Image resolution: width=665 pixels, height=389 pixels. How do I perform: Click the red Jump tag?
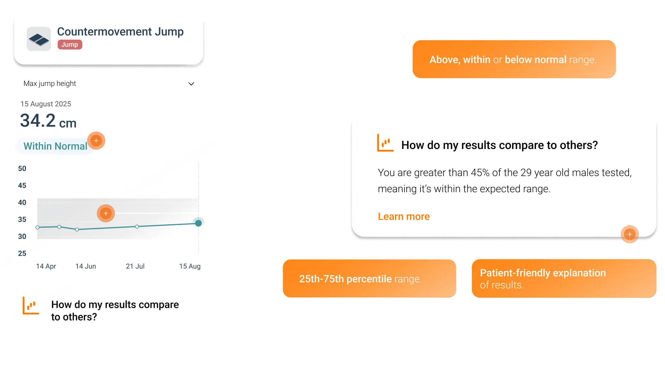click(x=70, y=44)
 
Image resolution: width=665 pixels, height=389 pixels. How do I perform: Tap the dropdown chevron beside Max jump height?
click(x=191, y=84)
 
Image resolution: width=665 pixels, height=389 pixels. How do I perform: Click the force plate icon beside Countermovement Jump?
click(x=39, y=39)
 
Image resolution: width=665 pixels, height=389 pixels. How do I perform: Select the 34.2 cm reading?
click(x=48, y=121)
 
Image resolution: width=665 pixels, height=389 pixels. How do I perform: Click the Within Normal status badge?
click(x=55, y=146)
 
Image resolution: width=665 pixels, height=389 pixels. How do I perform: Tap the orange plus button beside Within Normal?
click(x=96, y=141)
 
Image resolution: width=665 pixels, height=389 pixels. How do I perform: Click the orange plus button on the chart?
click(x=106, y=213)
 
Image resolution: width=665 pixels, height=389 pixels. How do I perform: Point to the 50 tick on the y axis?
click(x=22, y=169)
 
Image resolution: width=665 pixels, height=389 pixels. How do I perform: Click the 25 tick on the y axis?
click(x=22, y=253)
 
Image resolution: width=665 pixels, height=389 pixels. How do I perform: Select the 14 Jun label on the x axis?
click(x=86, y=266)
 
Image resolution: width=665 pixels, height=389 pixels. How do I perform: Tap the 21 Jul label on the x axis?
click(x=135, y=266)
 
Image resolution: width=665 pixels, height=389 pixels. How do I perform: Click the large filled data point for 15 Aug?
click(x=198, y=223)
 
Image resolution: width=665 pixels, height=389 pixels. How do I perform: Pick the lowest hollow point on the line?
click(x=77, y=229)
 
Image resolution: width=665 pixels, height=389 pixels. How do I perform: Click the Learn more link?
click(x=404, y=216)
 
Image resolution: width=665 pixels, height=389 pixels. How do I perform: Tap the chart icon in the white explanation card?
click(x=385, y=143)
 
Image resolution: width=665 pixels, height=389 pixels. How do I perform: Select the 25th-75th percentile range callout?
click(x=369, y=279)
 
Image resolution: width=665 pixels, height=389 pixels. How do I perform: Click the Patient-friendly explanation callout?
click(x=563, y=279)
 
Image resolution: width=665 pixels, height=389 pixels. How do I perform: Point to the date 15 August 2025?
click(x=46, y=104)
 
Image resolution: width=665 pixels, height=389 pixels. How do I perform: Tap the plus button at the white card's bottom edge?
click(x=630, y=234)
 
